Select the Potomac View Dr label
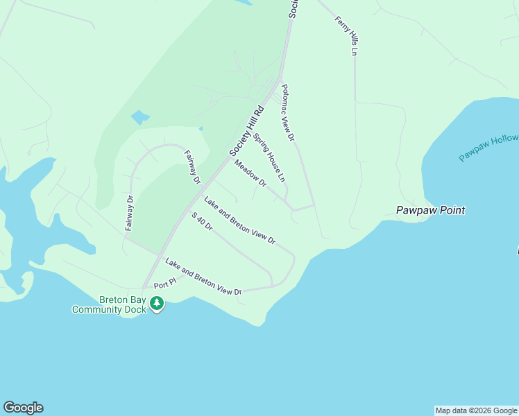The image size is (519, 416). [x=288, y=114]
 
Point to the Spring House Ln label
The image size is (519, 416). [x=269, y=157]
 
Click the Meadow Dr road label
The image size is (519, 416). [x=250, y=173]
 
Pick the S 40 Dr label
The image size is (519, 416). [x=202, y=222]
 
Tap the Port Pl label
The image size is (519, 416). [x=166, y=284]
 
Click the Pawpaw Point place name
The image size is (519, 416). [x=429, y=210]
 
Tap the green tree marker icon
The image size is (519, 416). [x=158, y=303]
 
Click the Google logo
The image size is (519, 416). [x=23, y=408]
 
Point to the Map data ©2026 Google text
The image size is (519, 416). [x=476, y=410]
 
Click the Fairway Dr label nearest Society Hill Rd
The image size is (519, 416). [x=192, y=168]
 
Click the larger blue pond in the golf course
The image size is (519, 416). [x=140, y=116]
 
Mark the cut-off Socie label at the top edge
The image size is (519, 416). [x=294, y=8]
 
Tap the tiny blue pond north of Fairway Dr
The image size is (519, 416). [x=201, y=128]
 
